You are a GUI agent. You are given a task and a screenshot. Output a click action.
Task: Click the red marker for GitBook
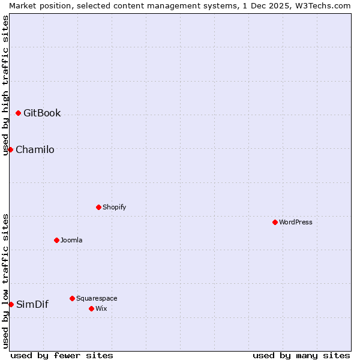(18, 113)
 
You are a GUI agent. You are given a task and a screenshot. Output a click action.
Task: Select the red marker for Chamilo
(10, 149)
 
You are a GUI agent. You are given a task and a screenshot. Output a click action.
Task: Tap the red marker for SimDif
(11, 304)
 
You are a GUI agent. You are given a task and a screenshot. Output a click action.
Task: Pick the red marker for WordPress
(275, 222)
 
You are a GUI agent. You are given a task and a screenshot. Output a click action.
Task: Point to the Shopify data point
(98, 207)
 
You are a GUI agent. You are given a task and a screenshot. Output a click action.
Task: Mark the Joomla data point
(56, 240)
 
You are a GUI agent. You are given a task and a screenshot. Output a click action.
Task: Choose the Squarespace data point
(72, 298)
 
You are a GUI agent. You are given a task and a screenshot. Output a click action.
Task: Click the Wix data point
(91, 308)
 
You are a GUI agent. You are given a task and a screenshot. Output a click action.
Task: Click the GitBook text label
(42, 113)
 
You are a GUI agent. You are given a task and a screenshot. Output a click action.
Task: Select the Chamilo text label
(35, 149)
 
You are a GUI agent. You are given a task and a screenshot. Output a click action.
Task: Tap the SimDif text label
(32, 304)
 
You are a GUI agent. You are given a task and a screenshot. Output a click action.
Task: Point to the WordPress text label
(296, 222)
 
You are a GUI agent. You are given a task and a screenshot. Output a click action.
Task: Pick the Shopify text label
(114, 207)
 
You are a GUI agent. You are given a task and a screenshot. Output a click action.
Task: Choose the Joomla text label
(71, 240)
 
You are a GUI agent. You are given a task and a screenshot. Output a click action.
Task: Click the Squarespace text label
(97, 298)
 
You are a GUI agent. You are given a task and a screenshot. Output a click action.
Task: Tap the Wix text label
(101, 308)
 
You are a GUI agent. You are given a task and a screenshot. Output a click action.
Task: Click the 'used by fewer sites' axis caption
(62, 355)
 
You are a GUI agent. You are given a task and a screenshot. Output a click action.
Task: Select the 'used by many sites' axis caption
(301, 355)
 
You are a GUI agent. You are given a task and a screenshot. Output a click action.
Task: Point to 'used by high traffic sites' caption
(5, 85)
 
